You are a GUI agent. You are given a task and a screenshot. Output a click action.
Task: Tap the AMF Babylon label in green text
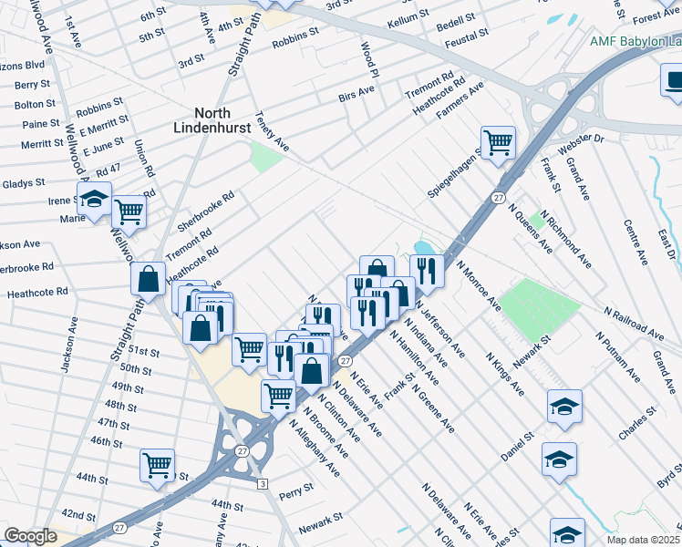635,41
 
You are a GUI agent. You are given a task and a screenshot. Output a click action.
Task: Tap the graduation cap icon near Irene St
94,201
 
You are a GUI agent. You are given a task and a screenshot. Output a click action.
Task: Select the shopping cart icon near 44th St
158,465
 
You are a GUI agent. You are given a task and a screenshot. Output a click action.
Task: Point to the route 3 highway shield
262,483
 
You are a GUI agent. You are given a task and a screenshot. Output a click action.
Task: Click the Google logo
30,536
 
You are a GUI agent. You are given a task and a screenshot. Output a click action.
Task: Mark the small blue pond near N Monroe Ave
422,248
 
